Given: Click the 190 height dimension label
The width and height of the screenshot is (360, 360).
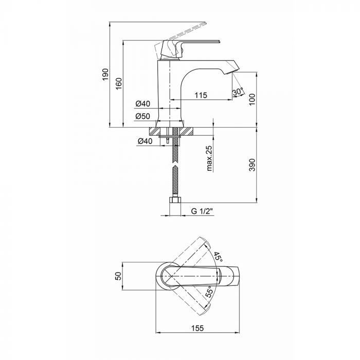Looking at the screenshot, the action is tap(105, 75).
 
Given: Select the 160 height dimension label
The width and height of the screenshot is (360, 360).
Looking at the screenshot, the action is tap(119, 84).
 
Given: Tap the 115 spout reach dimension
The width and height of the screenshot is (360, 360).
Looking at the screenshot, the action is tap(201, 95).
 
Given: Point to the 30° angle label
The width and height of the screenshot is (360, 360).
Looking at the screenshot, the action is tap(238, 92).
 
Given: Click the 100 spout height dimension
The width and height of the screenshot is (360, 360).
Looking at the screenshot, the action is tap(252, 99).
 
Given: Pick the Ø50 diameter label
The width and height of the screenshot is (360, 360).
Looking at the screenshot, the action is tap(142, 116).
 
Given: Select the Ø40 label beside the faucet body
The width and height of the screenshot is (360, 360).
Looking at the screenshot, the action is tap(142, 104).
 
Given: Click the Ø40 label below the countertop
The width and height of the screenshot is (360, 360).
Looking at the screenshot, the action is tap(145, 141).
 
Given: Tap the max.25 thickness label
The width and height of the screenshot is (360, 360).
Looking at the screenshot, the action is tap(209, 158).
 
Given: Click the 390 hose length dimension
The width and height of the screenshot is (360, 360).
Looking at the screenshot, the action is tap(252, 165).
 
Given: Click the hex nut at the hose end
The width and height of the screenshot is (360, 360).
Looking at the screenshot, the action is tap(175, 200).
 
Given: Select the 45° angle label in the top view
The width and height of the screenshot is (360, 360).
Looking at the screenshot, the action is tap(218, 257).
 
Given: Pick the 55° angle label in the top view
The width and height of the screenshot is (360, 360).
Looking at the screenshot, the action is tap(209, 292).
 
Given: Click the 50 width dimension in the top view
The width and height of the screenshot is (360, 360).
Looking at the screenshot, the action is tap(118, 276).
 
